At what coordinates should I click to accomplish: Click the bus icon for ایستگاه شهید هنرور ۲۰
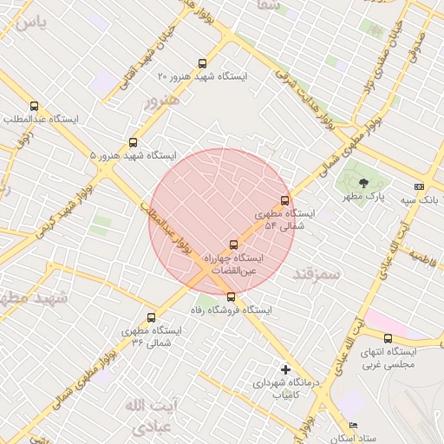202,63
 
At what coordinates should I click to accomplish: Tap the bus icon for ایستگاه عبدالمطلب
34,106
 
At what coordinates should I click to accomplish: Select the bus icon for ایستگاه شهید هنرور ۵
133,142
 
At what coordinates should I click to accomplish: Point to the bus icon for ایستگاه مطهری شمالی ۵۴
285,200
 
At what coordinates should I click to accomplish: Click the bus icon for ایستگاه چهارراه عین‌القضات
232,245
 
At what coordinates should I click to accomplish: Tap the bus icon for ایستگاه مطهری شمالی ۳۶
152,317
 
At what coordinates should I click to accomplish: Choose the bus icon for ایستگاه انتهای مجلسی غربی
388,339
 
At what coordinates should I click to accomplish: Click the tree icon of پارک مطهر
362,183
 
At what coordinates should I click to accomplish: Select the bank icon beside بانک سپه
420,186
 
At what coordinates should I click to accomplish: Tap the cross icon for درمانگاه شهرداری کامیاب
285,369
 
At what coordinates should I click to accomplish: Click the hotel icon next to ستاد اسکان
352,425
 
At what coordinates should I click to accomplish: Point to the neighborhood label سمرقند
319,274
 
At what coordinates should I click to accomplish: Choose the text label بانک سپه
419,200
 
